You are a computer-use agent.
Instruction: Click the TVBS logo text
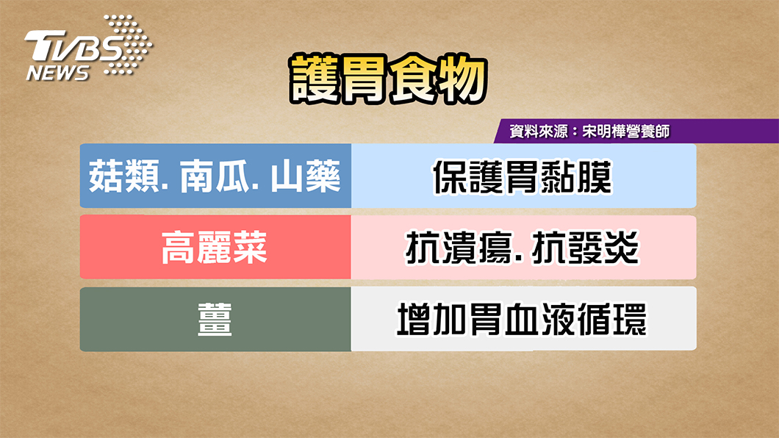(73, 47)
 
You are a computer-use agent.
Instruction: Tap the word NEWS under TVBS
(57, 73)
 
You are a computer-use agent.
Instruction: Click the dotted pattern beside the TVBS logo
(127, 45)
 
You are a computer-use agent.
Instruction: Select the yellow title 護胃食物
(388, 79)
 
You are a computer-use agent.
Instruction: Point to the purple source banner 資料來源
(636, 131)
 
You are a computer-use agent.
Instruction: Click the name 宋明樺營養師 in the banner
(626, 131)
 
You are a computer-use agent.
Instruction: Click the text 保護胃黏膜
(522, 177)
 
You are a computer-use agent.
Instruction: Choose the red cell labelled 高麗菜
(215, 247)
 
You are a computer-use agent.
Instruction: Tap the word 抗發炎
(585, 248)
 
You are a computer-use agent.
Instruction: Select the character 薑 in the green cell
(215, 319)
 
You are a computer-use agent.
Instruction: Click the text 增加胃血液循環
(522, 319)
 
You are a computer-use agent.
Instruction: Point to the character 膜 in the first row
(595, 177)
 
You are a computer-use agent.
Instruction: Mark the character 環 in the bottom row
(630, 319)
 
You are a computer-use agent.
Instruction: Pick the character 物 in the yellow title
(462, 79)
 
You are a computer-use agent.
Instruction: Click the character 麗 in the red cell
(215, 248)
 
